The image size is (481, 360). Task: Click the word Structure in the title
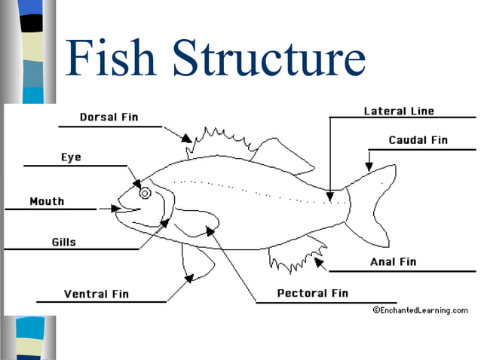pos(265,59)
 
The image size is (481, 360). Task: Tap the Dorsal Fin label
pos(109,117)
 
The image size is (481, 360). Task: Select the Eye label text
pos(71,157)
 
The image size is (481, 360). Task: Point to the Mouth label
pos(47,201)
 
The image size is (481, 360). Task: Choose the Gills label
pos(63,243)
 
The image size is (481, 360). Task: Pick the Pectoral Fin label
pos(313,293)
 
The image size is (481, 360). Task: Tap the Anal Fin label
pos(393,262)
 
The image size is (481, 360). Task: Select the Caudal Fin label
pos(418,140)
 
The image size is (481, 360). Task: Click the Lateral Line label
pos(399,111)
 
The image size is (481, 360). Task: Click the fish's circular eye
pos(145,193)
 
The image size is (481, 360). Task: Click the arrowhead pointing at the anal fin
pos(320,262)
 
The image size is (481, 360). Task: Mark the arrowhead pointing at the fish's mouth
pos(115,209)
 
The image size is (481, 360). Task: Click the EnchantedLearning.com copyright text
pos(420,310)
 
